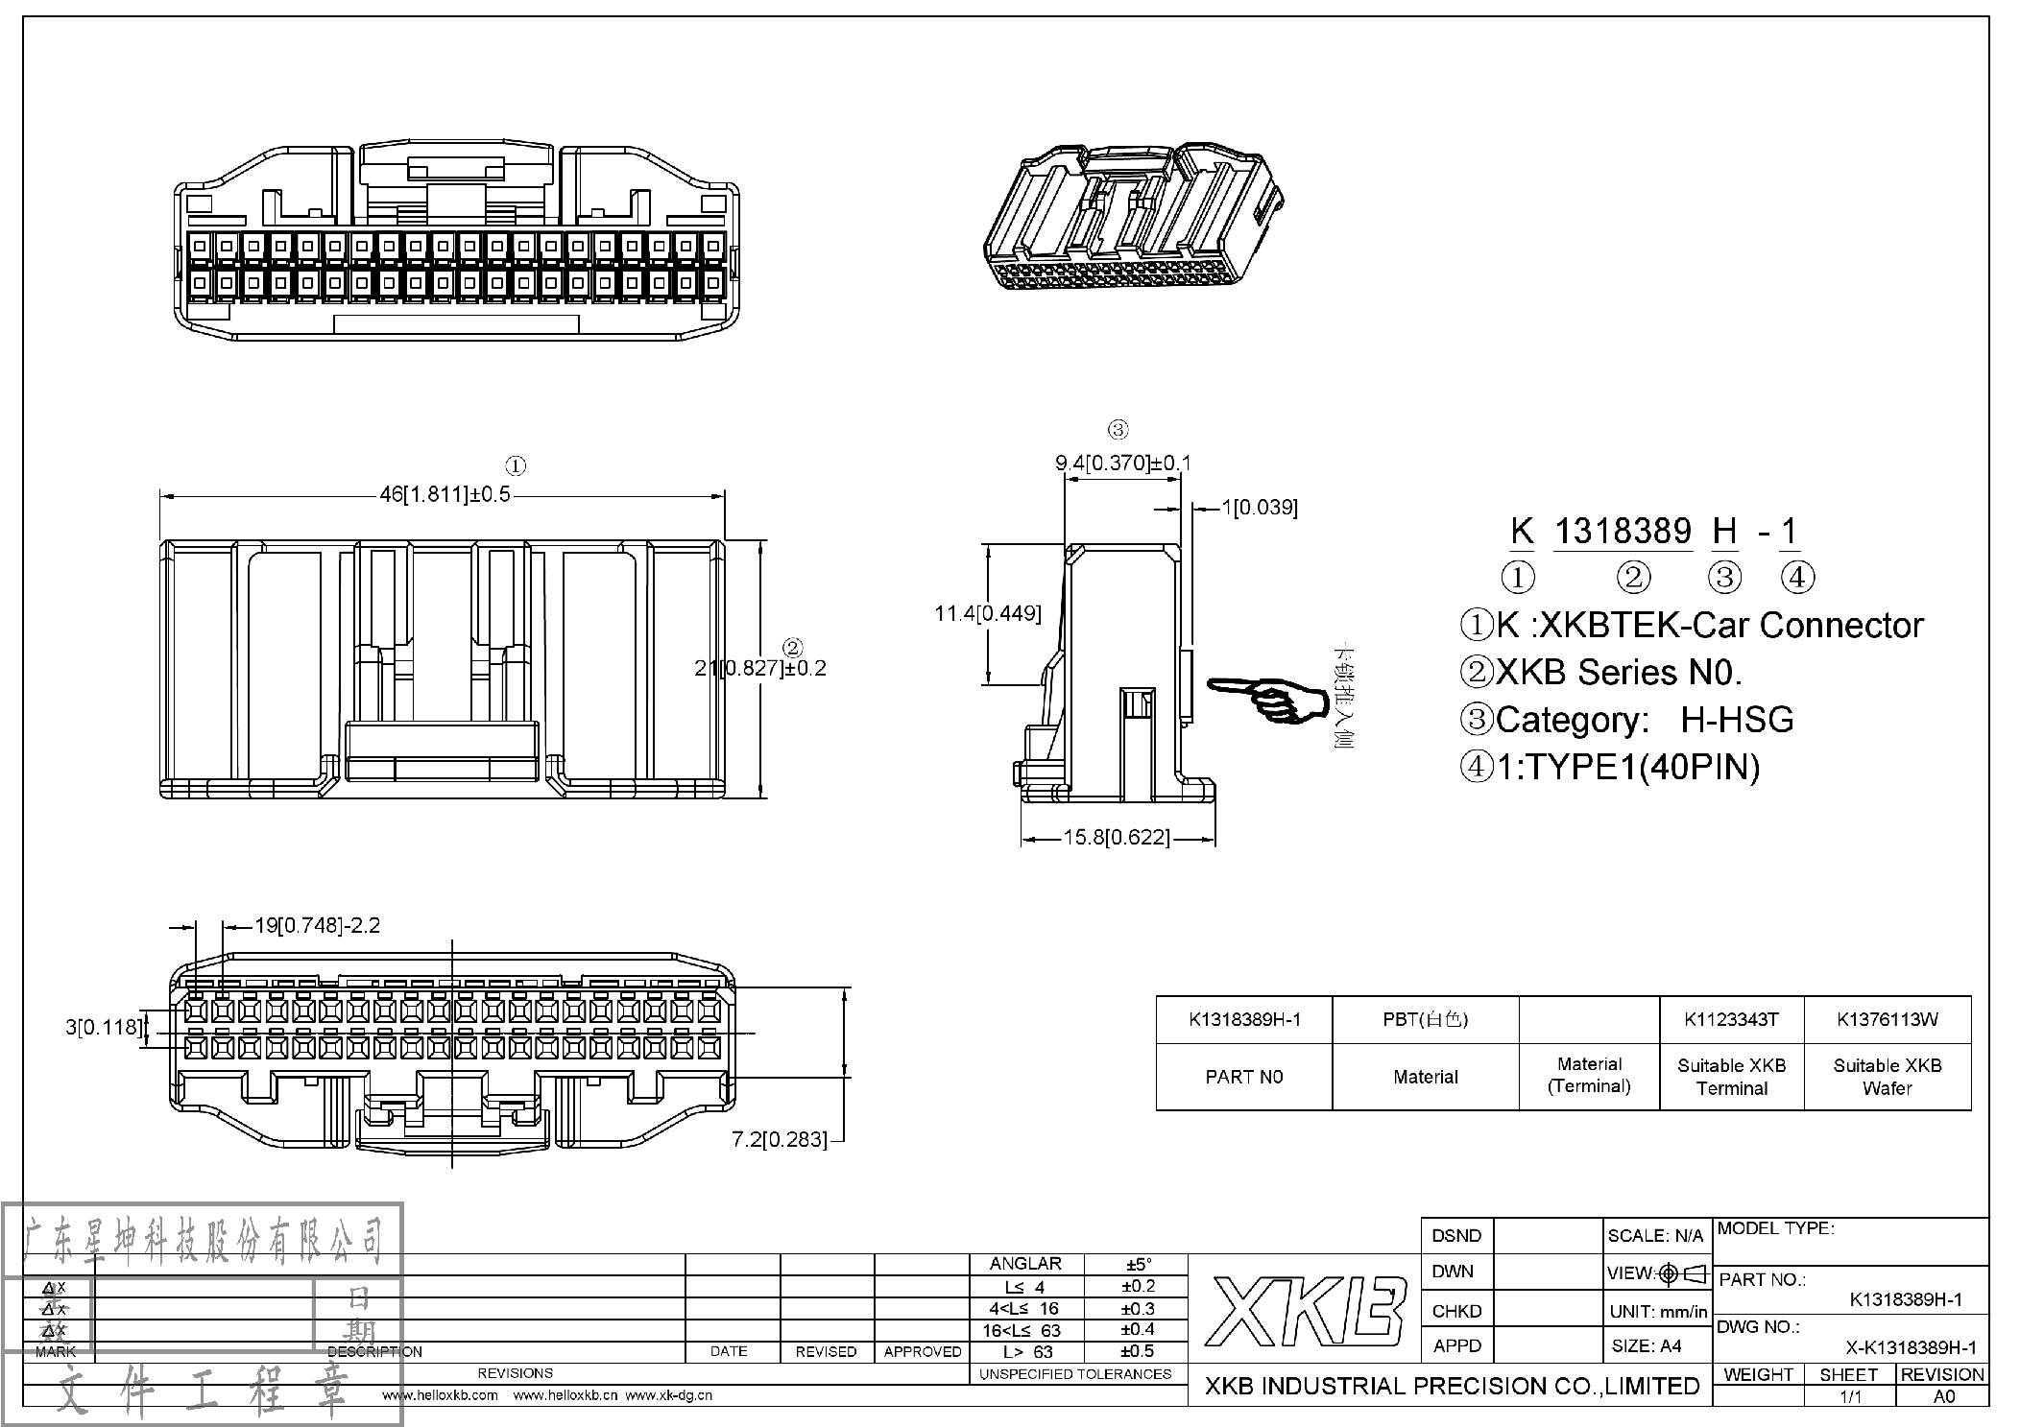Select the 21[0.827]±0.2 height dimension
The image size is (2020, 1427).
759,667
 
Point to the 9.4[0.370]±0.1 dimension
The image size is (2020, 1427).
1122,464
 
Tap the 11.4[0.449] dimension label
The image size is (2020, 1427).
987,613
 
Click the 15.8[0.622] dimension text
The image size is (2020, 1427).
1117,838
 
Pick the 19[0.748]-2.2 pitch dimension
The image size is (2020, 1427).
316,925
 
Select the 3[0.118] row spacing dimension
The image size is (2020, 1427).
103,1027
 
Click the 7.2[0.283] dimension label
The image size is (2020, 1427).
779,1139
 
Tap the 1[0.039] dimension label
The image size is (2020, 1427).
1259,507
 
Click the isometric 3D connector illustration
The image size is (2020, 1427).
1133,219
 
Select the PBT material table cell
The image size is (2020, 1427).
1425,1020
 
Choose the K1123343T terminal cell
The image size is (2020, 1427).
1731,1020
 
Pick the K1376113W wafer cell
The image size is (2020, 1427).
1887,1020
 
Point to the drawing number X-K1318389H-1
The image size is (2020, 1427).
1911,1347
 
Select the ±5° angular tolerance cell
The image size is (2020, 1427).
1137,1265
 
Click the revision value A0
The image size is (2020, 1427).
1943,1396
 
